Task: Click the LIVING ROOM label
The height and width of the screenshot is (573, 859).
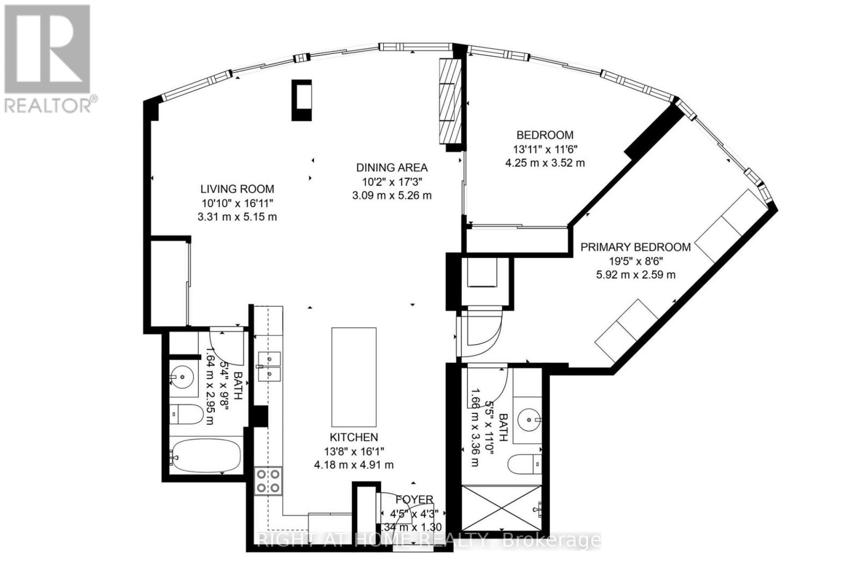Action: pyautogui.click(x=237, y=189)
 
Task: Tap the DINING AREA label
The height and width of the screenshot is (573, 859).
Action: pyautogui.click(x=391, y=167)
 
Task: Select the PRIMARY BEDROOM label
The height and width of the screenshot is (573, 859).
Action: pyautogui.click(x=635, y=247)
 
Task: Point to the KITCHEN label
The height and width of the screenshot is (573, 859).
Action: pyautogui.click(x=353, y=437)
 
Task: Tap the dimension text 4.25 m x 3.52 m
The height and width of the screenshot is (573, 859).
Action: pyautogui.click(x=544, y=163)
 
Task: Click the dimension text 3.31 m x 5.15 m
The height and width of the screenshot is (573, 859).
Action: pyautogui.click(x=237, y=217)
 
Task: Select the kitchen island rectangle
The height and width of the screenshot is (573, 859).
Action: pyautogui.click(x=353, y=377)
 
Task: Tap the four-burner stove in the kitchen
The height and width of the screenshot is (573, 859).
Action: pyautogui.click(x=268, y=480)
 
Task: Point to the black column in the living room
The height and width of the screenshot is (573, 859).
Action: pyautogui.click(x=301, y=100)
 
